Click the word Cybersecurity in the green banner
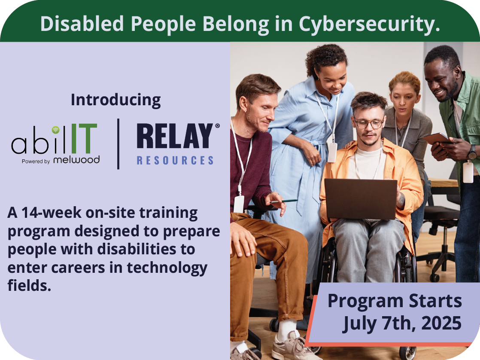[x=369, y=24]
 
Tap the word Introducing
[x=116, y=100]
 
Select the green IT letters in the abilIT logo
[x=84, y=138]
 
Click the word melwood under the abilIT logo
[x=76, y=160]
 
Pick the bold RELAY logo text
[x=174, y=136]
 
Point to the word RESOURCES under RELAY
[x=175, y=160]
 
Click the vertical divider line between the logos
[x=118, y=144]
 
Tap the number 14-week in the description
[x=52, y=212]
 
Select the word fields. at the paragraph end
[x=29, y=285]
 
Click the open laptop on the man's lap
[x=361, y=199]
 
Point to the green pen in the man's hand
[x=284, y=201]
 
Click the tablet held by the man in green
[x=437, y=138]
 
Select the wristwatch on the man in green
[x=472, y=152]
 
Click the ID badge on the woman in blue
[x=332, y=152]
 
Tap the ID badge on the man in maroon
[x=239, y=204]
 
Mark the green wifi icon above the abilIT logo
[x=56, y=130]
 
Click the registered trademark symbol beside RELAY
[x=217, y=125]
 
